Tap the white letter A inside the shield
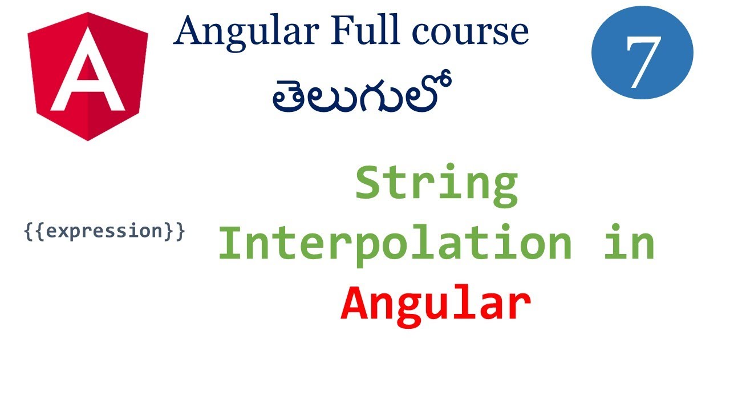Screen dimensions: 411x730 point(87,73)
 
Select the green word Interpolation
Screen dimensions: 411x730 point(395,244)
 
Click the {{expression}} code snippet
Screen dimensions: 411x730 point(105,232)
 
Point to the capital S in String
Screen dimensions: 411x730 point(371,184)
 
